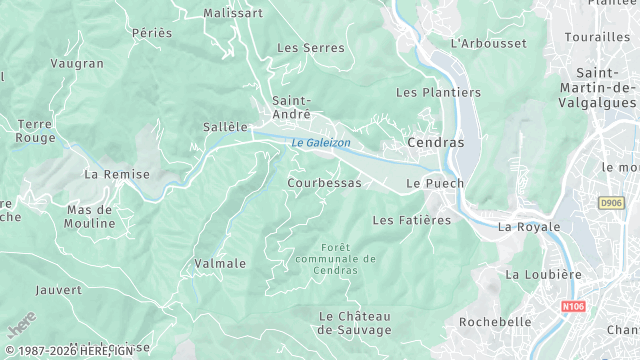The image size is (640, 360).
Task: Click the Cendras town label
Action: pos(436,142)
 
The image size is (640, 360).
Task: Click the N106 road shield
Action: pos(573,307)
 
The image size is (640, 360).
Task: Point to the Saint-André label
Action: pos(291,107)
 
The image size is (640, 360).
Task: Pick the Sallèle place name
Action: pos(224,127)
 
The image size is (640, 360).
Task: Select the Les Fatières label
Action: pos(411,219)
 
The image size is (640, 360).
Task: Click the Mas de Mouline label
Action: pos(91,217)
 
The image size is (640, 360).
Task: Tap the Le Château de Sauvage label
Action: pos(353,323)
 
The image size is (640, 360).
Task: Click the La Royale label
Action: pos(530,227)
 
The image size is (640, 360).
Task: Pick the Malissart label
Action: pos(232,13)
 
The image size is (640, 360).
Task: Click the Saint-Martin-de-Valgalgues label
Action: pos(607,91)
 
